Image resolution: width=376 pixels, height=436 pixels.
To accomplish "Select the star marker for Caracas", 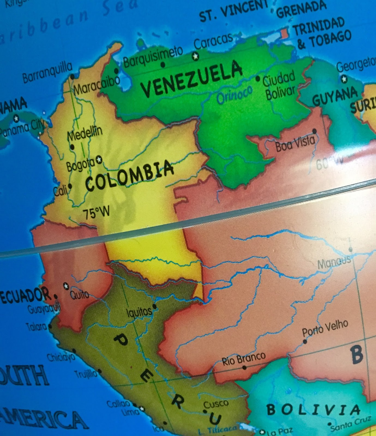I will click(x=195, y=56).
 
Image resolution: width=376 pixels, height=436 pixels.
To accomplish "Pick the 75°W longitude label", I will click(x=96, y=213).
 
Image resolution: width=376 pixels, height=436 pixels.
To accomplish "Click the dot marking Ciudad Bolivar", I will click(x=258, y=79).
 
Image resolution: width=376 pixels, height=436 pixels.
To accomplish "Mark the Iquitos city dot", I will click(x=155, y=307).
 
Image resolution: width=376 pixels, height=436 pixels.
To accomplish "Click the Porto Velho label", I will click(x=325, y=328).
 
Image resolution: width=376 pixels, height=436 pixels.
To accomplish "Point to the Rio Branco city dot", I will click(x=244, y=368).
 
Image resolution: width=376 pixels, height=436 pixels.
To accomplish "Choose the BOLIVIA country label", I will click(x=313, y=410).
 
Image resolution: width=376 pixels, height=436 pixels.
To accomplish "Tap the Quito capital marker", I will click(x=66, y=286).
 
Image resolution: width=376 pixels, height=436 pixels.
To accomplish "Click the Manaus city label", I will click(x=334, y=262).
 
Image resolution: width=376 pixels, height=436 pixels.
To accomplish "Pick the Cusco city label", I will click(x=216, y=404).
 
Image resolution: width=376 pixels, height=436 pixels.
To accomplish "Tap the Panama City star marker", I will click(x=16, y=118).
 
